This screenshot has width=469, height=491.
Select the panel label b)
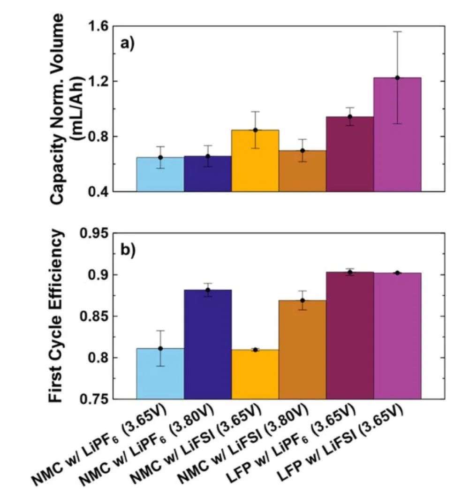(128, 250)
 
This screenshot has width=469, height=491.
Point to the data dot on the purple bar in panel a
(397, 78)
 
